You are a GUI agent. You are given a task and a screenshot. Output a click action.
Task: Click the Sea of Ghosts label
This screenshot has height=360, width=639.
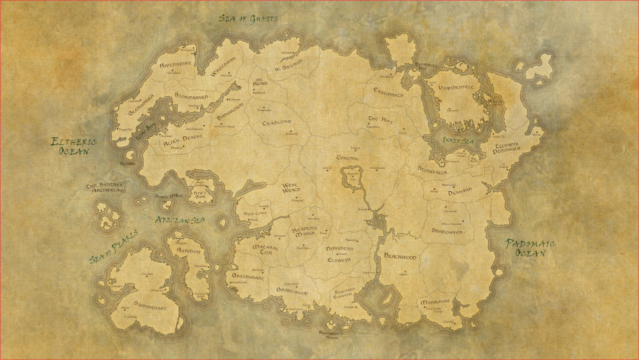(x=248, y=19)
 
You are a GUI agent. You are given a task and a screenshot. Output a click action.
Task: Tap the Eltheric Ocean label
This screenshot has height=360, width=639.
(x=73, y=146)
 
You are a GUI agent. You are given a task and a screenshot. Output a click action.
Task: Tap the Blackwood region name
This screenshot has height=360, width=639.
(x=400, y=257)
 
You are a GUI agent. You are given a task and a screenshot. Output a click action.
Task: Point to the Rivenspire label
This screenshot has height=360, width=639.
(x=175, y=65)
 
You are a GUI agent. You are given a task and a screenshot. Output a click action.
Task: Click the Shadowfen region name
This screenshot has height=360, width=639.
(x=447, y=231)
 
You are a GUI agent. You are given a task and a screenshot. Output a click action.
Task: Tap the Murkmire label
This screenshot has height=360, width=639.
(x=435, y=302)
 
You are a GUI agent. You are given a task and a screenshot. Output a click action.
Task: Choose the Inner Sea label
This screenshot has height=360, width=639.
(x=458, y=141)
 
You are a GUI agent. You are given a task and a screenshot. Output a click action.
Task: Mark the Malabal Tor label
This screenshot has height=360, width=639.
(x=266, y=250)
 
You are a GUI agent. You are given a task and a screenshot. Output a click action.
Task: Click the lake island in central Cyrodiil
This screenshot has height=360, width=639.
(x=353, y=178)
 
